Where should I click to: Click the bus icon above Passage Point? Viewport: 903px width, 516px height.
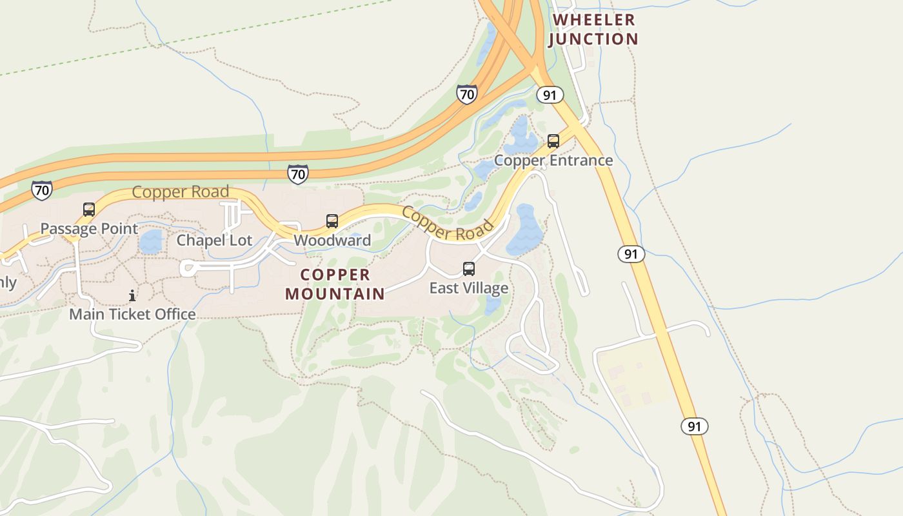click(89, 210)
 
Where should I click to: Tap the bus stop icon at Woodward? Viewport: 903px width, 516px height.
click(332, 221)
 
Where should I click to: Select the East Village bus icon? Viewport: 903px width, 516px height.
click(469, 269)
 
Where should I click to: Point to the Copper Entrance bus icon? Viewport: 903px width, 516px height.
click(553, 141)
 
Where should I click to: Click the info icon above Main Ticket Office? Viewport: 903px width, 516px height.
click(132, 295)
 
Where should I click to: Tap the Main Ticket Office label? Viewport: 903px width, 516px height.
click(132, 314)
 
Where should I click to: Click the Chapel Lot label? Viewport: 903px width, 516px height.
click(215, 241)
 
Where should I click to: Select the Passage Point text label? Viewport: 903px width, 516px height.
click(89, 228)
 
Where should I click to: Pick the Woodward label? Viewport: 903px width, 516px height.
click(332, 241)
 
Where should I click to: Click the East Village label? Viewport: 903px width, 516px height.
click(469, 288)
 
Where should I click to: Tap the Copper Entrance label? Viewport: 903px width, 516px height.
click(553, 160)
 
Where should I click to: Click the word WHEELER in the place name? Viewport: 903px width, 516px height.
click(594, 20)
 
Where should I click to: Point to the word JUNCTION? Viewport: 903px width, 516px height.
click(593, 39)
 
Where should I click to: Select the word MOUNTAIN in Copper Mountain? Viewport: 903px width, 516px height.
click(335, 294)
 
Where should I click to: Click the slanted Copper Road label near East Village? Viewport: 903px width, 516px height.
click(448, 223)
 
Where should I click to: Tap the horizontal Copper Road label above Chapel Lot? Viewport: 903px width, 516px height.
click(181, 192)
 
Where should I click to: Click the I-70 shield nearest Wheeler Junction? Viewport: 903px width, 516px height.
click(466, 94)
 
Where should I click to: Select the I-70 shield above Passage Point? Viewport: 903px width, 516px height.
click(42, 190)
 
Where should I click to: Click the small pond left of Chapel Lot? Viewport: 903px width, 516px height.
click(151, 241)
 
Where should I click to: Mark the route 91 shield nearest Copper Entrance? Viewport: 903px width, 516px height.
click(550, 95)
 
